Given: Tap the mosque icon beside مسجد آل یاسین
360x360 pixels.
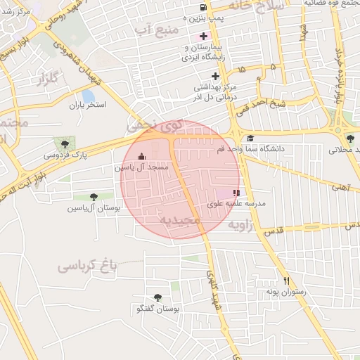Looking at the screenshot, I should pyautogui.click(x=142, y=157).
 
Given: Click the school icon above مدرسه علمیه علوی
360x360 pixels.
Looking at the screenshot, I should pyautogui.click(x=236, y=192).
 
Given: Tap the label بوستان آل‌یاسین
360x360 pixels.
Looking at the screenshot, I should pyautogui.click(x=94, y=208).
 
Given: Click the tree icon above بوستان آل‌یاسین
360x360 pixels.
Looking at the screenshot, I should pyautogui.click(x=94, y=197).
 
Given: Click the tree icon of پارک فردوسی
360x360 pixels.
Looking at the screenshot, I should pyautogui.click(x=65, y=143).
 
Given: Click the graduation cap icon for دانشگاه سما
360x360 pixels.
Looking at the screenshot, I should pyautogui.click(x=250, y=138).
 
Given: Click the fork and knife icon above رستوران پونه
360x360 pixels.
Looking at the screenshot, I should pyautogui.click(x=285, y=281).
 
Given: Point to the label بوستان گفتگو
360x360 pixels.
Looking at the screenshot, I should pyautogui.click(x=157, y=309).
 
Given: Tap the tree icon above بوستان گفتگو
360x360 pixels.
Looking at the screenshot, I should pyautogui.click(x=157, y=297).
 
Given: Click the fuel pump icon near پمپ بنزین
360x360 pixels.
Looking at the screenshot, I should pyautogui.click(x=184, y=5).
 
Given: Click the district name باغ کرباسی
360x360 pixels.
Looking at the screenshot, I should pyautogui.click(x=86, y=266).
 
